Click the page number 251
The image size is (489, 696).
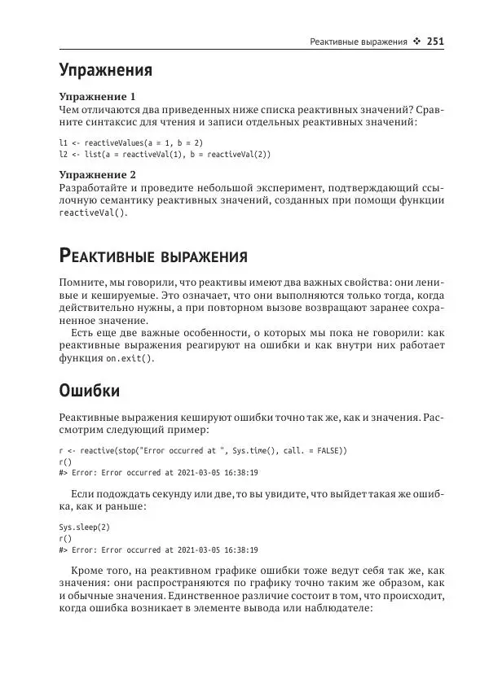[x=434, y=40]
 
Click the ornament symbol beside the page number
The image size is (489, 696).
[x=416, y=40]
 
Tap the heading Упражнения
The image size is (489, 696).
[x=106, y=70]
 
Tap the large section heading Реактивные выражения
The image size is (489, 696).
[x=154, y=258]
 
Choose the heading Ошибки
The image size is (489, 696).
[x=90, y=392]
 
